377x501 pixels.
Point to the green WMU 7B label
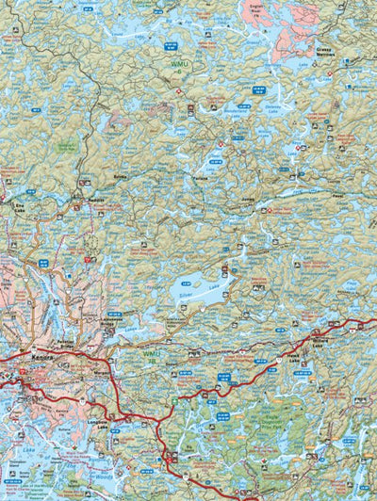(x=152, y=357)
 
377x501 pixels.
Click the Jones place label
(x=249, y=200)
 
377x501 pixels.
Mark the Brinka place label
(x=120, y=176)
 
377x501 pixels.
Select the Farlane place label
(x=199, y=174)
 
